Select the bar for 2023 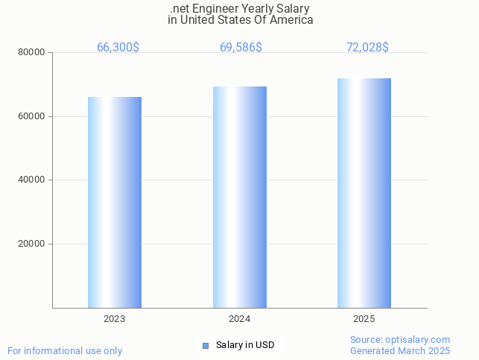point(115,202)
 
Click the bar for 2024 point(239,197)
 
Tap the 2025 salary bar point(364,193)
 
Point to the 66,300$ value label point(118,48)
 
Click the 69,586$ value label point(241,48)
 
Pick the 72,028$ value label point(367,48)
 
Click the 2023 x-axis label point(115,319)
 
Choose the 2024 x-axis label point(239,319)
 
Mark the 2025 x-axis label point(364,319)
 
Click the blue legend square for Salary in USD point(206,345)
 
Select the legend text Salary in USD point(245,345)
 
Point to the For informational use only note point(65,351)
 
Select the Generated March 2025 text point(400,351)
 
